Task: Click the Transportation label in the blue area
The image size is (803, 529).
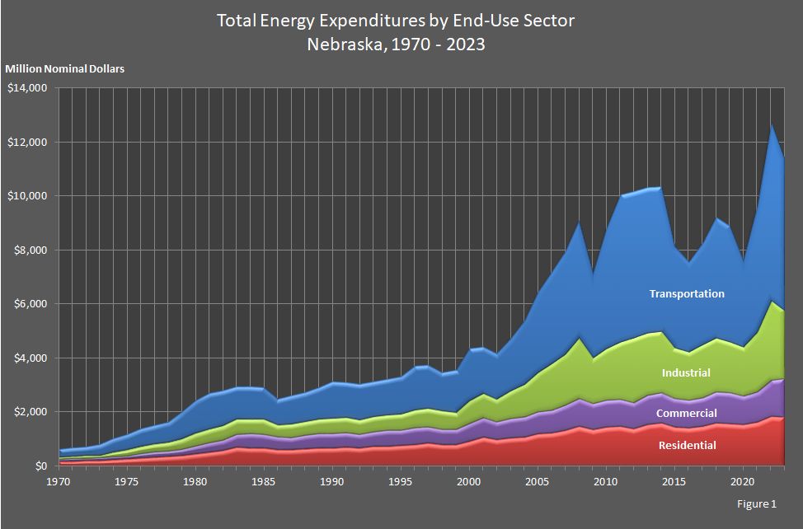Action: click(x=687, y=294)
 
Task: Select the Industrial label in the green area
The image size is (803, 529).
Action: click(x=685, y=373)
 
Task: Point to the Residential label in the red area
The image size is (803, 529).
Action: click(x=687, y=446)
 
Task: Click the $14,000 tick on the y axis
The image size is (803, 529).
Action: click(x=27, y=88)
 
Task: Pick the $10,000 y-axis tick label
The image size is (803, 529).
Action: click(x=27, y=196)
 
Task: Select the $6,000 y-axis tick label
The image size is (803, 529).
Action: click(x=30, y=304)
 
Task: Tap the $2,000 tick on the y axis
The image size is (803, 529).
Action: click(x=30, y=412)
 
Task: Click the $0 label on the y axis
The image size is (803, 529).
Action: click(x=40, y=466)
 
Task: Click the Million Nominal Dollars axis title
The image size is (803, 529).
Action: click(x=65, y=69)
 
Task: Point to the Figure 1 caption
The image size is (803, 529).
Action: click(x=758, y=503)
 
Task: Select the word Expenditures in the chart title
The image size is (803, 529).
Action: click(x=366, y=21)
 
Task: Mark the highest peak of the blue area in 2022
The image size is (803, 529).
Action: click(x=771, y=124)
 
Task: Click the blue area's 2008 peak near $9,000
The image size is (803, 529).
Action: click(x=579, y=222)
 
